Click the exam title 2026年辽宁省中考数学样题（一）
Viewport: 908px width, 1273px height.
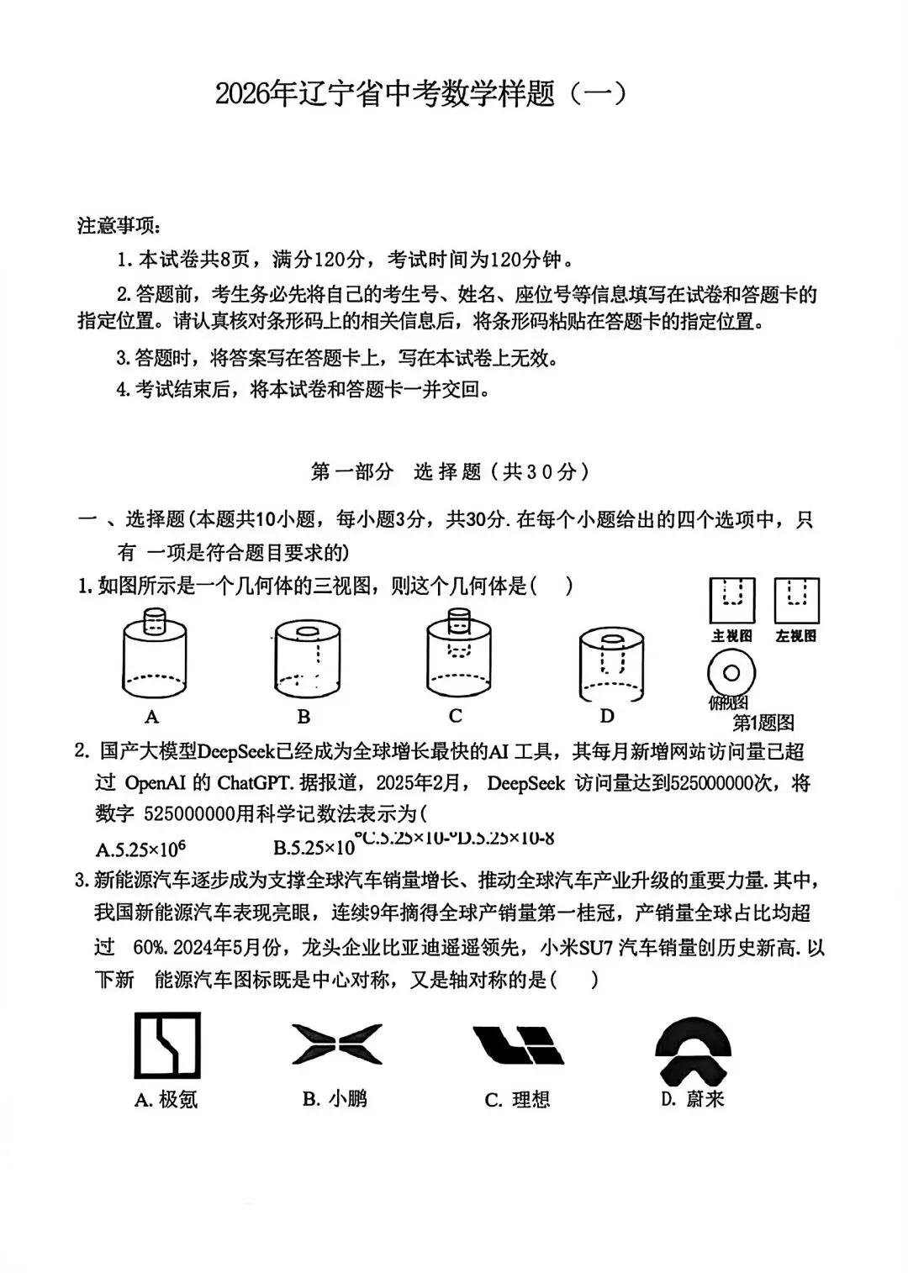[421, 94]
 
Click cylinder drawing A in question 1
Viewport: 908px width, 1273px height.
[153, 655]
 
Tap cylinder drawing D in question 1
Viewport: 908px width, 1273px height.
[611, 664]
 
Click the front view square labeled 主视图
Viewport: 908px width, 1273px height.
[731, 600]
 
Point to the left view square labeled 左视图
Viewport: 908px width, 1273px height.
[796, 600]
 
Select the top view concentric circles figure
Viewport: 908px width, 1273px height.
[731, 673]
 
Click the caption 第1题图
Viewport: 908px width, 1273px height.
[763, 722]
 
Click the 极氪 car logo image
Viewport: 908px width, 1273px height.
[167, 1045]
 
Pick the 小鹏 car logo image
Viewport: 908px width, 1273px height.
[336, 1044]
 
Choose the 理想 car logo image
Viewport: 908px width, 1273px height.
[517, 1045]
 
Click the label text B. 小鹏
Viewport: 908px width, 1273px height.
[335, 1098]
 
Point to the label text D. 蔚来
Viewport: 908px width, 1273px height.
[692, 1098]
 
